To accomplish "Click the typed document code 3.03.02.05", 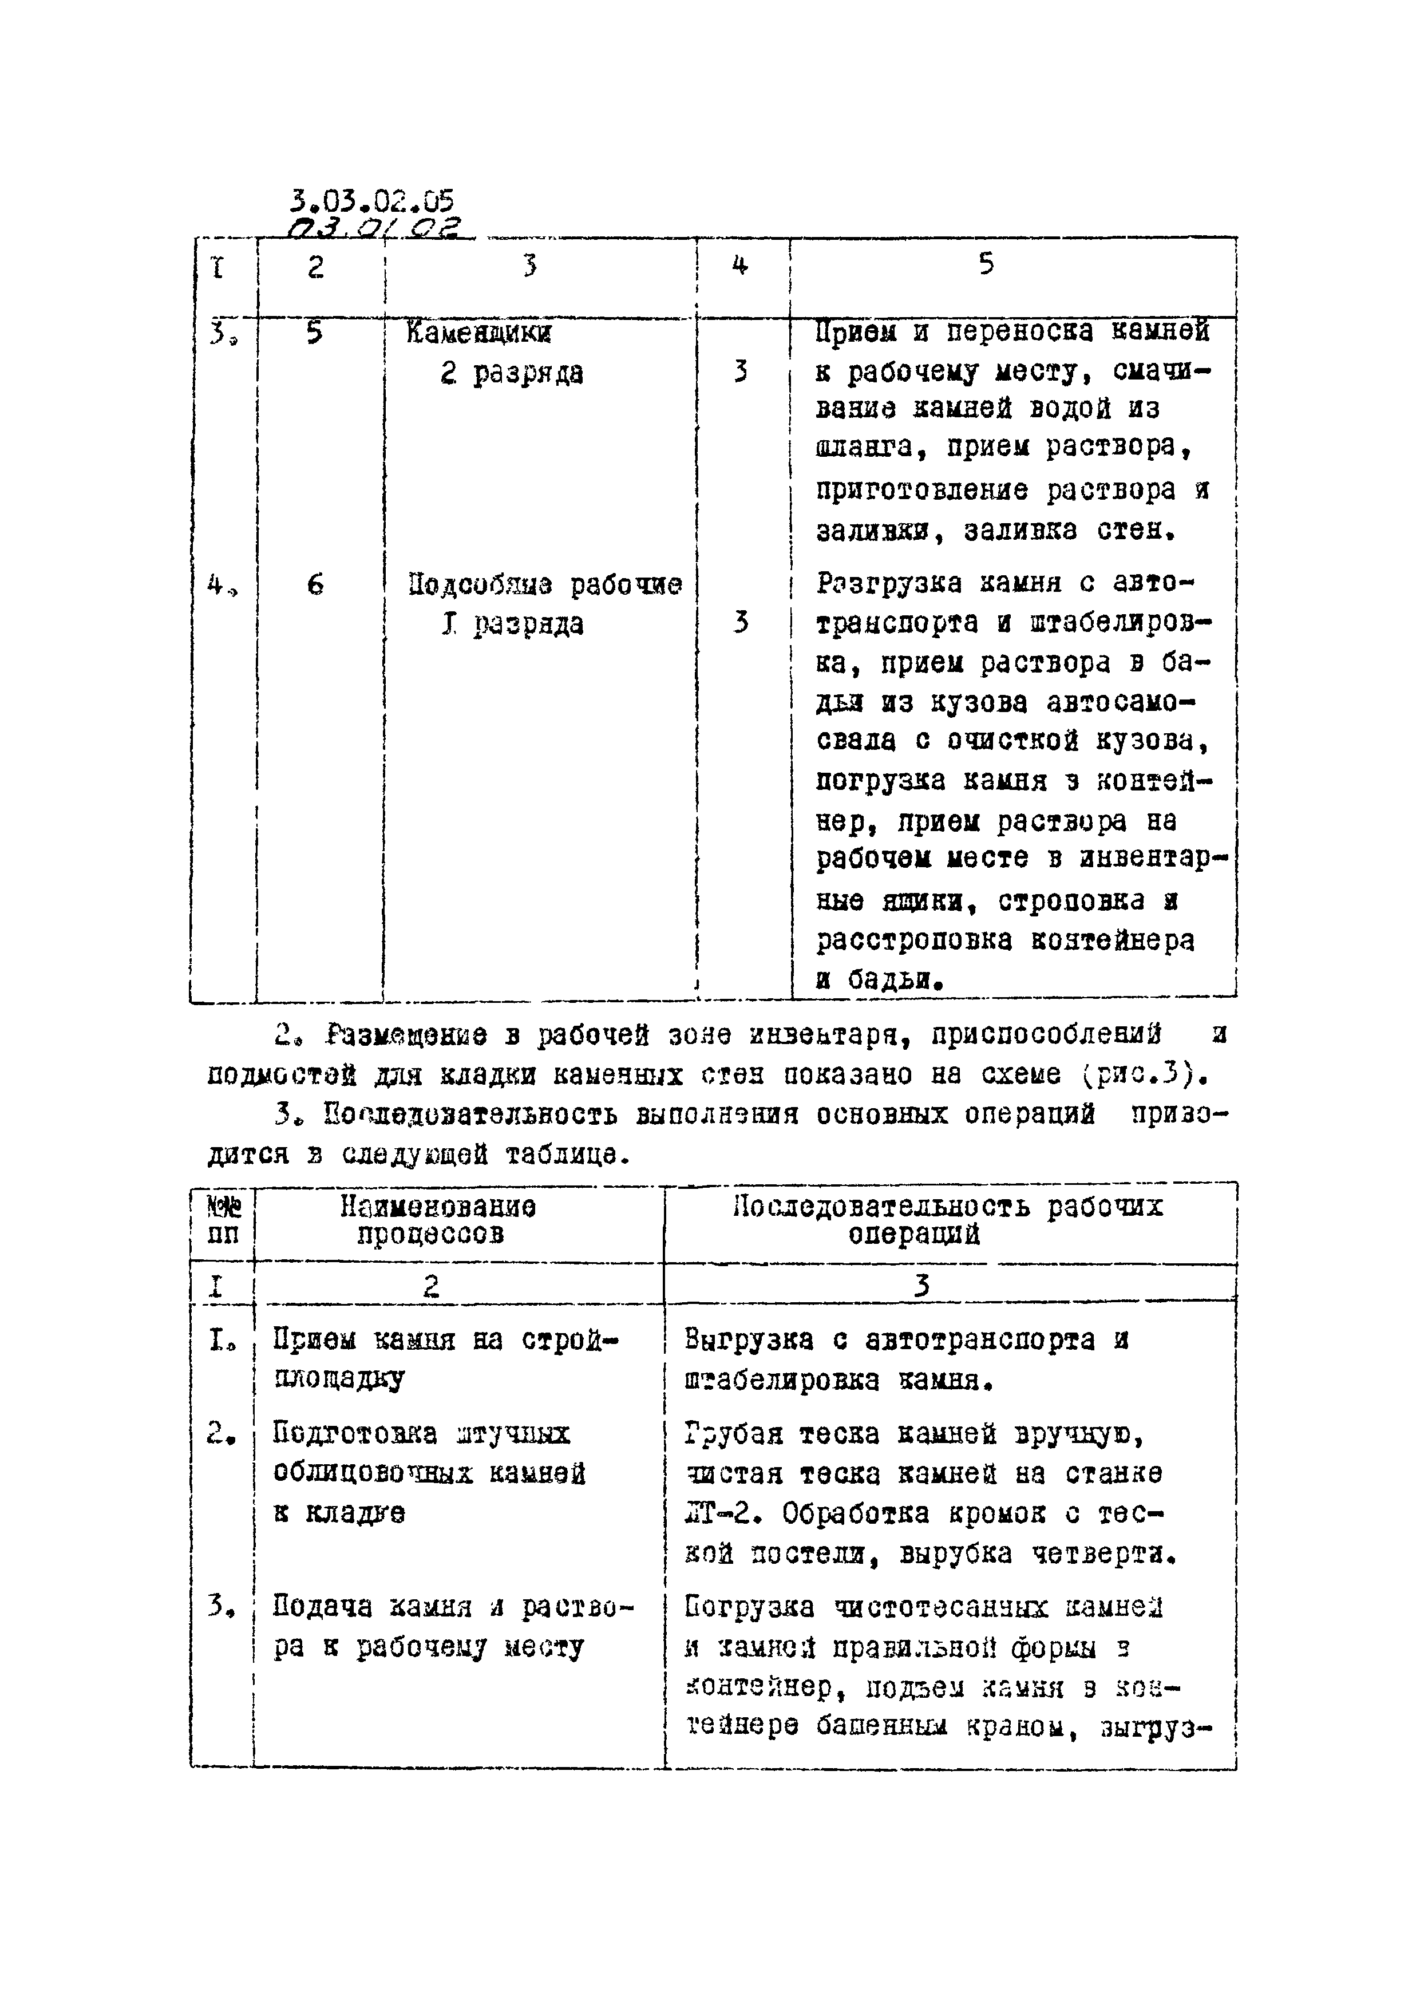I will click(371, 202).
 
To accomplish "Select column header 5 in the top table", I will click(986, 264).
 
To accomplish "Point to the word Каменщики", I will click(479, 333).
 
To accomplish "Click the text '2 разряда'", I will click(512, 373).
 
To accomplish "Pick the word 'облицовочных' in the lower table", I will click(373, 1473).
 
